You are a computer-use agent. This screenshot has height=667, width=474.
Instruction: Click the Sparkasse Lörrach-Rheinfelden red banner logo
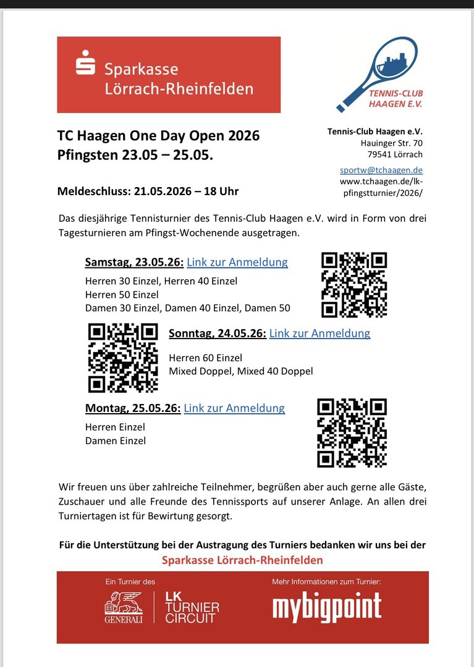click(168, 74)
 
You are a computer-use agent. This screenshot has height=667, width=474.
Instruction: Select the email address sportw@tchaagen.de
click(381, 170)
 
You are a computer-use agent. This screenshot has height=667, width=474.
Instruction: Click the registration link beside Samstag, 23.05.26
click(237, 262)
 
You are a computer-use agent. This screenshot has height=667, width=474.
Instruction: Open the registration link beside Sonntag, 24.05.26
click(320, 333)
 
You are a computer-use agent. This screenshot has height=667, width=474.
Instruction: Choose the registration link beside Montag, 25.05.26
click(234, 408)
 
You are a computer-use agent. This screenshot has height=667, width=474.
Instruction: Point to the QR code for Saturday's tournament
click(354, 285)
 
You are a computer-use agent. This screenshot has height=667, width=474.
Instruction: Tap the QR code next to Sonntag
click(123, 358)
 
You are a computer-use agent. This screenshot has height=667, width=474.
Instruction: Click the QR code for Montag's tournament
click(352, 432)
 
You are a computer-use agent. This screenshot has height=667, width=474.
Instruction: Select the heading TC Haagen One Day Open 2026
click(158, 136)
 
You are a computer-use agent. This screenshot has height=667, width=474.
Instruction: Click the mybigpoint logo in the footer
click(327, 608)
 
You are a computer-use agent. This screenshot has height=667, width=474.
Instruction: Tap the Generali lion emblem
click(124, 607)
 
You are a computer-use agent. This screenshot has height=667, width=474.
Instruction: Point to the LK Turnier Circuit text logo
click(192, 608)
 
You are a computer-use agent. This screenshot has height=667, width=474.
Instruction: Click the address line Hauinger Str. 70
click(392, 143)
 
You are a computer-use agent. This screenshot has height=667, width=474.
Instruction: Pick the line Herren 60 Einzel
click(205, 358)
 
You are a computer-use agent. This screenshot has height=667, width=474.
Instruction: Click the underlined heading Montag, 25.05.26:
click(133, 408)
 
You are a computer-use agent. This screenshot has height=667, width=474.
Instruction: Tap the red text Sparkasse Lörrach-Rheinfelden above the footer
click(242, 561)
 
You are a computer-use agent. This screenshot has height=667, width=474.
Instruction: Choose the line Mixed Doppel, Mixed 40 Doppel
click(240, 371)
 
